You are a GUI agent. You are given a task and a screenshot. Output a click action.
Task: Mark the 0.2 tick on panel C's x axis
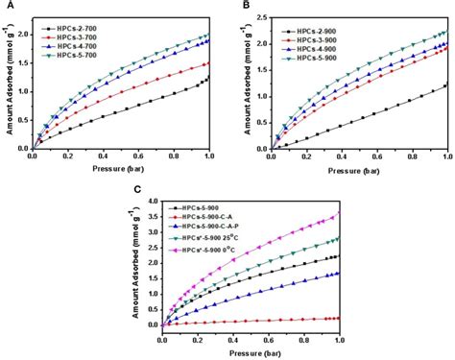pyautogui.click(x=199, y=338)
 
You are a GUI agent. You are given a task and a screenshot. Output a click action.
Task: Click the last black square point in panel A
pyautogui.click(x=208, y=77)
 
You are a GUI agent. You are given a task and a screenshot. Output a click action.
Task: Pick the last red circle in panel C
pyautogui.click(x=338, y=318)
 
